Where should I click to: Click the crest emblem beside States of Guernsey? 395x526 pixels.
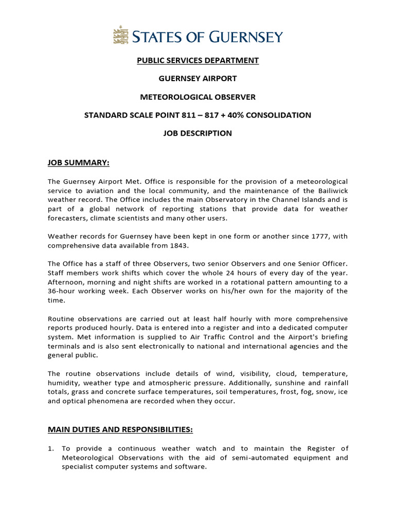point(121,36)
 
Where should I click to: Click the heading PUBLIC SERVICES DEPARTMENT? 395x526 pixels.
point(197,61)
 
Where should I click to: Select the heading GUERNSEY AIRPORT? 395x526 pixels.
point(197,79)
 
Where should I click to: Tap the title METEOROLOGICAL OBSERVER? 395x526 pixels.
point(197,97)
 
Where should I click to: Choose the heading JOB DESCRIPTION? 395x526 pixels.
point(197,133)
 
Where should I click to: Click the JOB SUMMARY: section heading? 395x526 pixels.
point(79,163)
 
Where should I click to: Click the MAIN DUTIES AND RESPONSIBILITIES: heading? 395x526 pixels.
point(120,429)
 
